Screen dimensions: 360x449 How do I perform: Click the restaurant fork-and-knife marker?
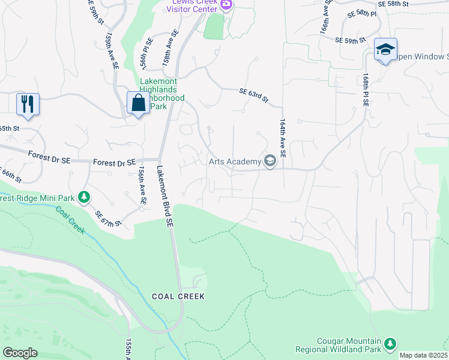tap(28, 104)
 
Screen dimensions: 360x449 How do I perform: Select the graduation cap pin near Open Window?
tap(385, 49)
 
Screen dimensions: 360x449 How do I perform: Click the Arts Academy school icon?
tap(270, 161)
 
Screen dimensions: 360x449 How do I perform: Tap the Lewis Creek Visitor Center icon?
tap(226, 5)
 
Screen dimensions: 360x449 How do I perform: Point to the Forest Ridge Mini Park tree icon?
tap(85, 196)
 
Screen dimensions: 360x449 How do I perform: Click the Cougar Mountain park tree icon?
tap(391, 343)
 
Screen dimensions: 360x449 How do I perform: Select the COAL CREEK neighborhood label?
tap(178, 296)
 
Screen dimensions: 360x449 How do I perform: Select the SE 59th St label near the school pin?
tap(351, 40)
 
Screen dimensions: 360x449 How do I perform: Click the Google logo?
tap(20, 352)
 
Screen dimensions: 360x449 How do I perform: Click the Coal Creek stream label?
tap(71, 220)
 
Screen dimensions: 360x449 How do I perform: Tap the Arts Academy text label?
tap(234, 161)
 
